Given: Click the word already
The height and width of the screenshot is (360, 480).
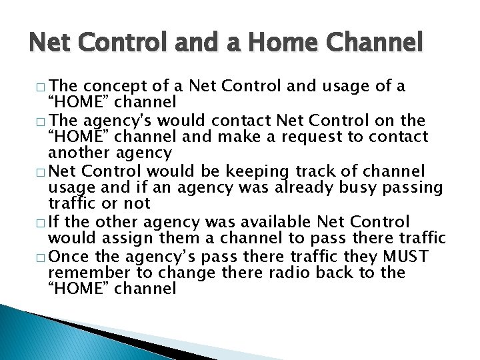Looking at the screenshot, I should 307,187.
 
